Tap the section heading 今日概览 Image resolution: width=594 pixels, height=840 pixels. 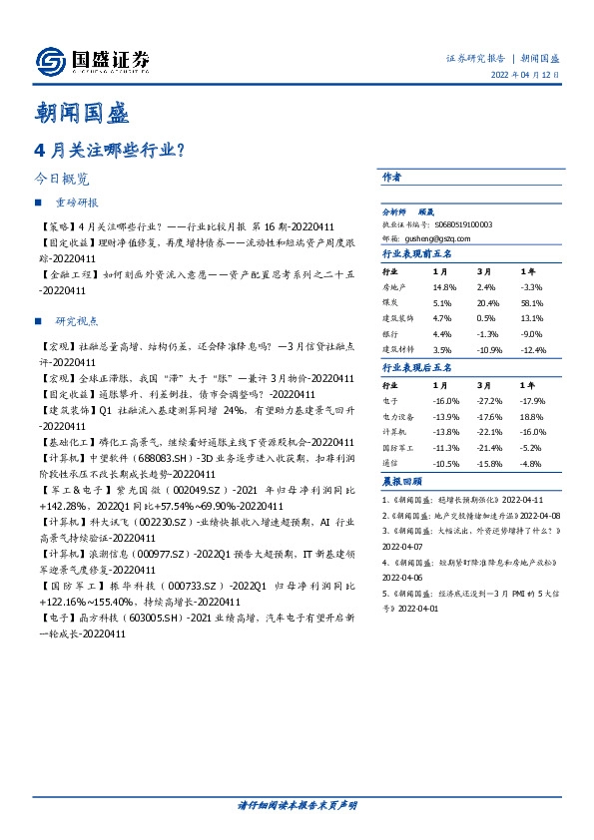click(62, 180)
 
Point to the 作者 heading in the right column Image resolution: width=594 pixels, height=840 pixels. click(392, 177)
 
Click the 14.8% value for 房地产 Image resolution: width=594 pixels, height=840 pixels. click(445, 286)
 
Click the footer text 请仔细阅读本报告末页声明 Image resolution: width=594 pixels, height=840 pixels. click(297, 804)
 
